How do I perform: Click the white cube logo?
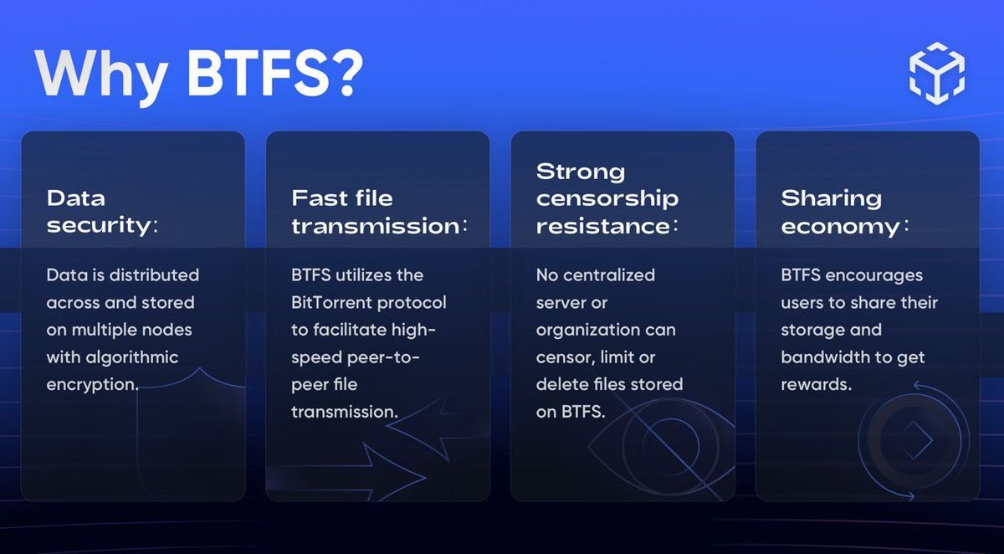(x=936, y=74)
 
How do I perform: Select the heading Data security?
(x=101, y=212)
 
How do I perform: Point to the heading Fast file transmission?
(x=378, y=212)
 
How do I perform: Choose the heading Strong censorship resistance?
(x=607, y=198)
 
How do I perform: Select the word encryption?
(x=91, y=385)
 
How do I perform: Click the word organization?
(x=593, y=330)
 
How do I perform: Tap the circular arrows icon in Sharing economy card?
(x=912, y=439)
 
